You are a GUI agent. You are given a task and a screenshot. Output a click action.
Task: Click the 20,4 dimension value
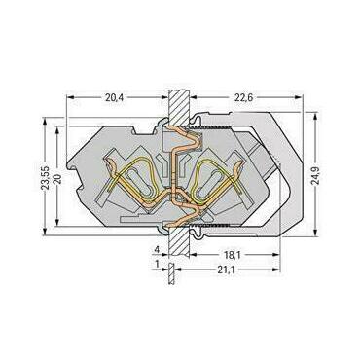point(114,97)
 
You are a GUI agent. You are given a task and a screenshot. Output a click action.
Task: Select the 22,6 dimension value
point(243,97)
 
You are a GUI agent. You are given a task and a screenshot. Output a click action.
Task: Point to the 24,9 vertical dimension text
point(315,176)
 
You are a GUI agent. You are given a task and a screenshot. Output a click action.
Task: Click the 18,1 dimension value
point(232,255)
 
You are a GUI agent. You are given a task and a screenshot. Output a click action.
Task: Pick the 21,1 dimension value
point(227,270)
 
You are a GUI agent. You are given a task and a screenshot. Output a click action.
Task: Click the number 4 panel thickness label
point(157,250)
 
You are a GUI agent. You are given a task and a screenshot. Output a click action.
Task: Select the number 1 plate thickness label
point(158,265)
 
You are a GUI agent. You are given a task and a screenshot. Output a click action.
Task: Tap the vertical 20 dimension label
point(57,178)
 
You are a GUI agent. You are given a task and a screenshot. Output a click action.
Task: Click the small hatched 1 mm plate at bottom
point(171,273)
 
